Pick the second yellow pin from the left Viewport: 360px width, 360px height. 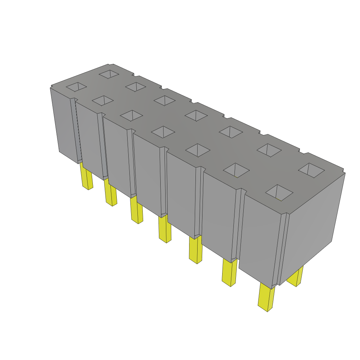coord(110,193)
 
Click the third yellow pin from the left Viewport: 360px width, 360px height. coord(136,210)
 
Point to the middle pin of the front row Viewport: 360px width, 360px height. coord(165,229)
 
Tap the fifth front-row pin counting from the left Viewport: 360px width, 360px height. coord(195,250)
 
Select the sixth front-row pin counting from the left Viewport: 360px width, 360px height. coord(230,273)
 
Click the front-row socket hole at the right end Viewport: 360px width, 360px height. coord(279,192)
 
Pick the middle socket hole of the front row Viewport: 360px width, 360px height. coord(163,132)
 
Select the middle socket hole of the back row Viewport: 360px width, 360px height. coord(196,115)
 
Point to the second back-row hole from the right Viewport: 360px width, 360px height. coord(269,150)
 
